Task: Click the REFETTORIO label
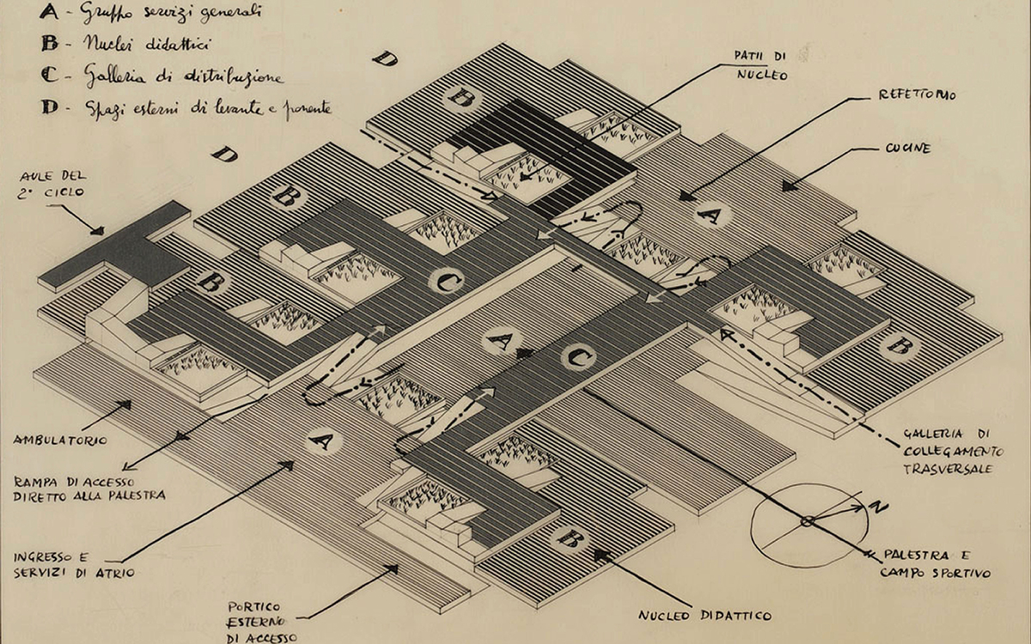click(x=917, y=94)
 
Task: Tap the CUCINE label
click(x=906, y=148)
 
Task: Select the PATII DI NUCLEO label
click(x=761, y=65)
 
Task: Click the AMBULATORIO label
click(x=60, y=440)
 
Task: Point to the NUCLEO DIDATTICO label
click(x=705, y=616)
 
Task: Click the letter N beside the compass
click(x=878, y=507)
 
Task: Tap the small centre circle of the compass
click(x=807, y=521)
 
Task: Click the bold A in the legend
click(x=49, y=11)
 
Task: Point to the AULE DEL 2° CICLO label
click(x=52, y=184)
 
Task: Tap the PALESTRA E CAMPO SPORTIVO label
click(x=935, y=564)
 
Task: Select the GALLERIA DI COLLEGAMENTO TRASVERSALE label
click(x=953, y=452)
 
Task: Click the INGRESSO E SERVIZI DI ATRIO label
click(x=74, y=565)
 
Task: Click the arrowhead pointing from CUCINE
click(x=790, y=186)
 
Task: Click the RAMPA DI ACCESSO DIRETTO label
click(x=89, y=489)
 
